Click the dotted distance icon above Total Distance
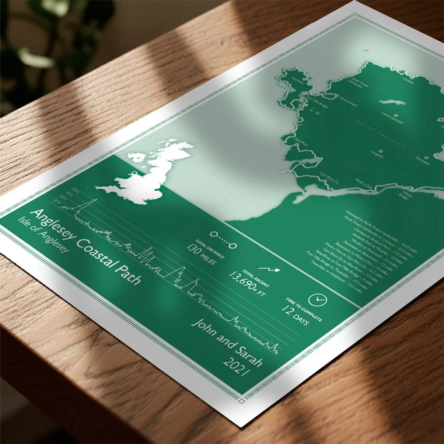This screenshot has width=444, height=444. (223, 239)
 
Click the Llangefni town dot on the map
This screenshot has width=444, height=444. (381, 151)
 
